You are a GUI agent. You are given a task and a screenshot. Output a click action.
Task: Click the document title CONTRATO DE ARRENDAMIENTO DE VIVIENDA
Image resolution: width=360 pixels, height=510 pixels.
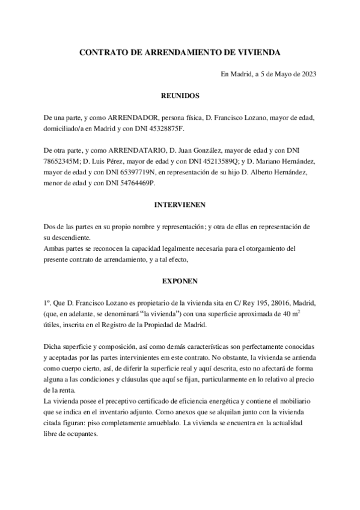[x=180, y=53]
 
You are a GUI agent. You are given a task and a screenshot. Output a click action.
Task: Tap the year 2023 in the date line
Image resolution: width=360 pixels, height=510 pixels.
[x=308, y=75]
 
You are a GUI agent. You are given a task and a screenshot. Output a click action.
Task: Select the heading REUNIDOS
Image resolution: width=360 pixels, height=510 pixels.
[x=180, y=96]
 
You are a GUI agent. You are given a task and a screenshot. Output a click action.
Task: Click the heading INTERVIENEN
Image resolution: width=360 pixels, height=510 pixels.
[x=180, y=204]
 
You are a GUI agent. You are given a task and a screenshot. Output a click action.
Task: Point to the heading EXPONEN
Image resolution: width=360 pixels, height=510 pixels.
[x=180, y=281]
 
